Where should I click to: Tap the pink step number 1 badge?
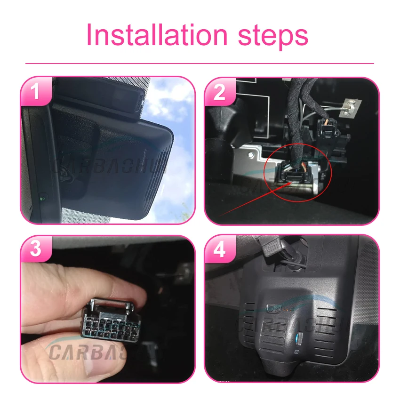point(36,91)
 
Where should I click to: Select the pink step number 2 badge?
point(219,92)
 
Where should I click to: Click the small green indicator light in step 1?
point(43,196)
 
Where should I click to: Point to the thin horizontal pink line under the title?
point(200,63)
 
